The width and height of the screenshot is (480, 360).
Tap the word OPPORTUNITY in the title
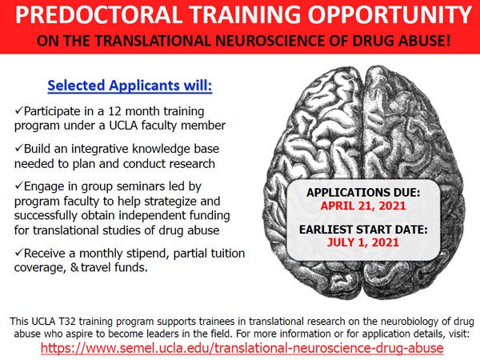(x=390, y=14)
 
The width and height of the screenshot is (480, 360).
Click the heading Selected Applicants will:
(x=130, y=86)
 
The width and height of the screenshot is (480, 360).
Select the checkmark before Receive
(x=19, y=252)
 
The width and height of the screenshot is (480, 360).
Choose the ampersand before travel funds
(x=74, y=267)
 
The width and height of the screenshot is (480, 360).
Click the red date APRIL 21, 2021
(x=363, y=206)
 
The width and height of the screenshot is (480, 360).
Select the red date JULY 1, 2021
(x=363, y=242)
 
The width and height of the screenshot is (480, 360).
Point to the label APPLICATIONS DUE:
(x=363, y=193)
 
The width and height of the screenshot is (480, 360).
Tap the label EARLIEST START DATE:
(x=363, y=230)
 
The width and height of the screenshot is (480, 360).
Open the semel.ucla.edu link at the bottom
(x=242, y=348)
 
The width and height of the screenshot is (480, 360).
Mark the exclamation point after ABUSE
(x=448, y=41)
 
